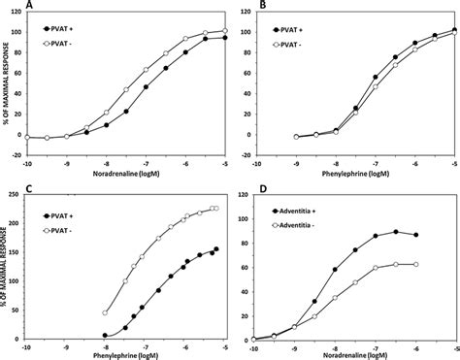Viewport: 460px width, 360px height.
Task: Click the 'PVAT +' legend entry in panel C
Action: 70,213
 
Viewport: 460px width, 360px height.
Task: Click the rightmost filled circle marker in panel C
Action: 215,249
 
